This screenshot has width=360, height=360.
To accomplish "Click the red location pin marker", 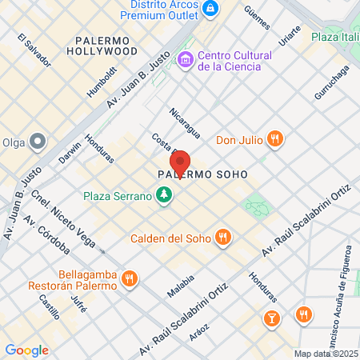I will (x=180, y=163).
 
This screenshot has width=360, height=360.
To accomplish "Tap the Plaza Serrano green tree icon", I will (x=165, y=195).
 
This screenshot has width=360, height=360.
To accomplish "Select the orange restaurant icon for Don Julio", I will (x=274, y=139).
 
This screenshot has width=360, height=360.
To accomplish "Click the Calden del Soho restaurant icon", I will (x=224, y=238).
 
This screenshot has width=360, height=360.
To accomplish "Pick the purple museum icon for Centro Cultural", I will (x=186, y=58).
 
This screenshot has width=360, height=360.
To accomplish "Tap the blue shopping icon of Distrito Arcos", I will (x=210, y=9).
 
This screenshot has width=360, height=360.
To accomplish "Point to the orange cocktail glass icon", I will (x=273, y=318).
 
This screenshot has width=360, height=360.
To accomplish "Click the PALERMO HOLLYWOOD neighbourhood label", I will (x=118, y=45).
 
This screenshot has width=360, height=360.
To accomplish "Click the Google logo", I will (x=26, y=350).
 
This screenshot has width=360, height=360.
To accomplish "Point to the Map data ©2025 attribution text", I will (x=325, y=354).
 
